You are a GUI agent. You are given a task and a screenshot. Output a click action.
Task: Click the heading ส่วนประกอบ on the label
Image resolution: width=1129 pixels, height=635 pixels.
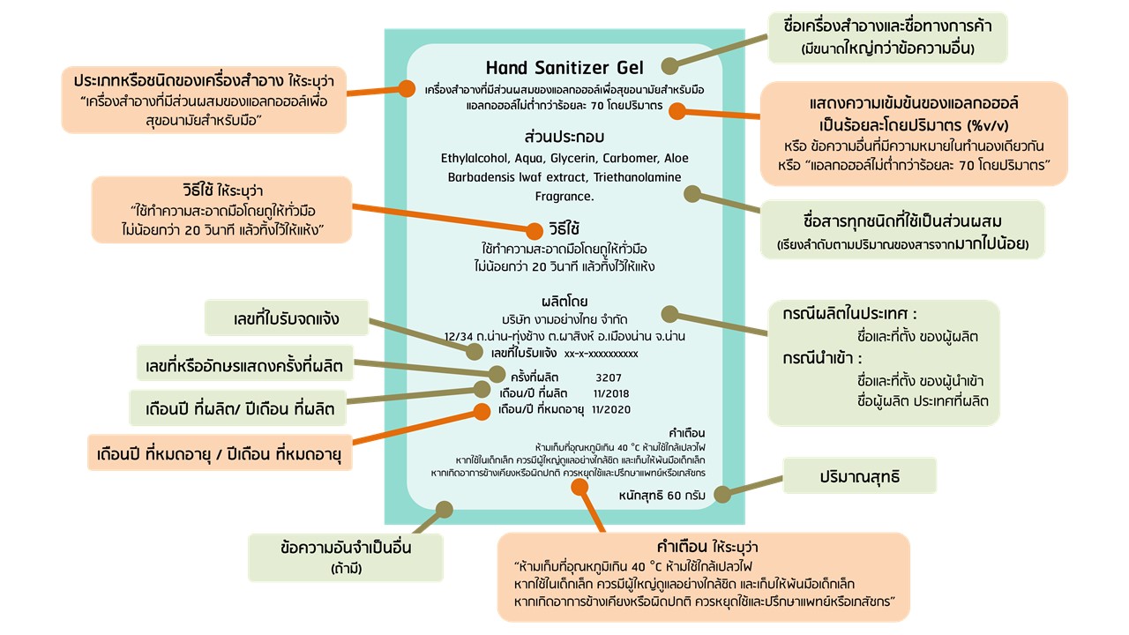564,138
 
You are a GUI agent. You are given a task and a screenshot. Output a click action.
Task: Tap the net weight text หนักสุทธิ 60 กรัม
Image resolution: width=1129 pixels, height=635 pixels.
662,496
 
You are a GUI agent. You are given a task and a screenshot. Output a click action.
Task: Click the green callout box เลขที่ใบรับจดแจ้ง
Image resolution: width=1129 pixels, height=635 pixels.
287,317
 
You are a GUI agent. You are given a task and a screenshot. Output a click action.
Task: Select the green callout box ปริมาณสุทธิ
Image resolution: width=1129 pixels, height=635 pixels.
859,477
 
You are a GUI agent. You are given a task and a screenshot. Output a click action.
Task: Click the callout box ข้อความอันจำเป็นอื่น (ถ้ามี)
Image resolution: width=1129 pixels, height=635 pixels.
334,557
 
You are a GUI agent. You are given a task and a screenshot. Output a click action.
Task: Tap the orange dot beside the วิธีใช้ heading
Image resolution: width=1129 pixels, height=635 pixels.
534,231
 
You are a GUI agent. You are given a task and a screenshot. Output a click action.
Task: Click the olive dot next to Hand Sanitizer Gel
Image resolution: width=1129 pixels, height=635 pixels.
670,65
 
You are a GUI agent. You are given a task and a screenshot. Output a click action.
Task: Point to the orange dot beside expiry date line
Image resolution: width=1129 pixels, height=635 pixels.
482,410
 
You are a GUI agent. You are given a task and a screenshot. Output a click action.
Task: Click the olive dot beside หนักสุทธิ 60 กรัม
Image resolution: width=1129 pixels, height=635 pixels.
722,495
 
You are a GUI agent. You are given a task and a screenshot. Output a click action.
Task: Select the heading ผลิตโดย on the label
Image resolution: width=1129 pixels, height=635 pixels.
564,302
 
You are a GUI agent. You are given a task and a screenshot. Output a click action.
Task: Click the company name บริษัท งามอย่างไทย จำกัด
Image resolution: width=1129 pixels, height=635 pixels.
564,319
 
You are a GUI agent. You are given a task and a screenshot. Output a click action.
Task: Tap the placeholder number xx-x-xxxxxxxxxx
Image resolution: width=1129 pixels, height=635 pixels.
601,354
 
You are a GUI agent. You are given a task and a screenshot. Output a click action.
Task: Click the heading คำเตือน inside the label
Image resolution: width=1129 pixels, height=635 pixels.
687,433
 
